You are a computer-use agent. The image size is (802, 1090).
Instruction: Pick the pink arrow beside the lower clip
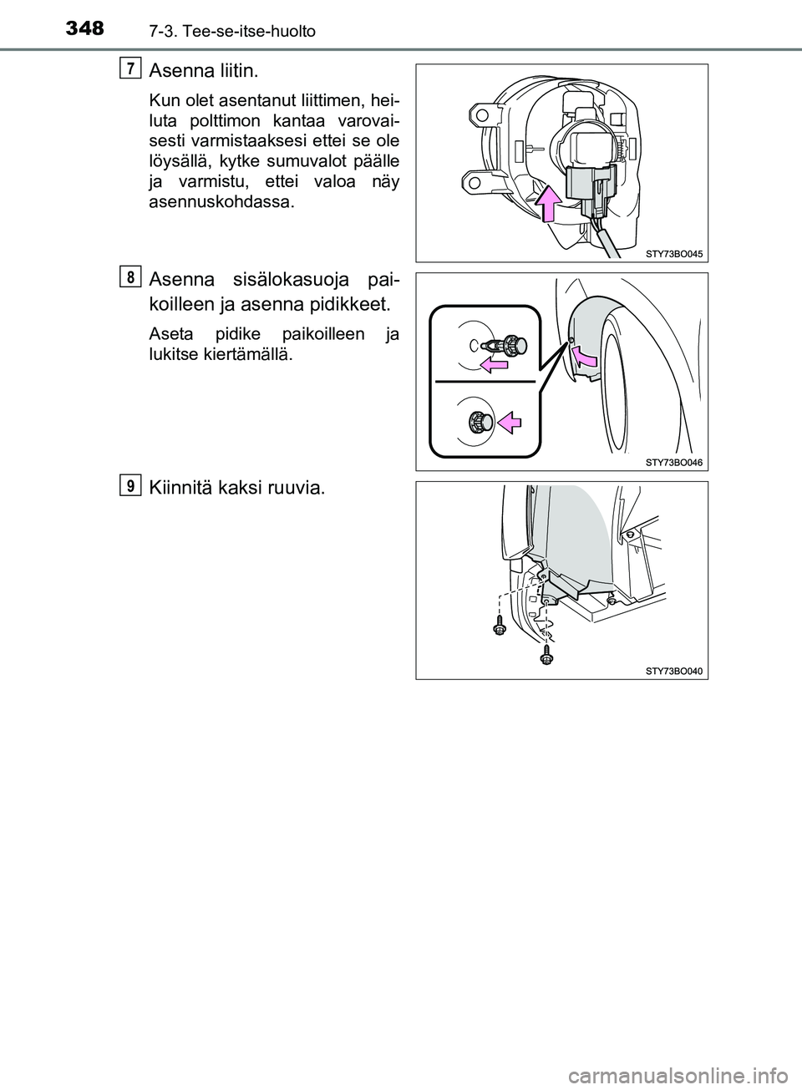(509, 423)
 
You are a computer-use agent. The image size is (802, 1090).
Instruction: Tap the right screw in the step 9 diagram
(546, 657)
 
